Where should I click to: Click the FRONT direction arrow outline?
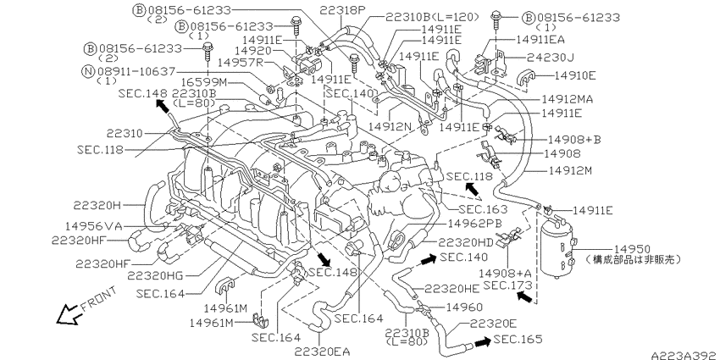pyautogui.click(x=68, y=314)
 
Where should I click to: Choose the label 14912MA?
pyautogui.click(x=567, y=99)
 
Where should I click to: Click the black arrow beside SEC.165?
pyautogui.click(x=482, y=342)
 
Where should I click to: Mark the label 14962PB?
pyautogui.click(x=474, y=223)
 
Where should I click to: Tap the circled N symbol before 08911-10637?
pyautogui.click(x=89, y=71)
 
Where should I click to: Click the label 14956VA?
pyautogui.click(x=94, y=225)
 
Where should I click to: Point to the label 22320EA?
pyautogui.click(x=322, y=352)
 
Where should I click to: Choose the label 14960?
pyautogui.click(x=464, y=307)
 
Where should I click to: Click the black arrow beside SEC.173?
pyautogui.click(x=524, y=297)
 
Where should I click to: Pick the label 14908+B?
pyautogui.click(x=574, y=139)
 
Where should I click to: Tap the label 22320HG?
pyautogui.click(x=155, y=275)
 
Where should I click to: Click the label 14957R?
pyautogui.click(x=241, y=62)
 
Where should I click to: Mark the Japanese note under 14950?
pyautogui.click(x=634, y=259)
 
